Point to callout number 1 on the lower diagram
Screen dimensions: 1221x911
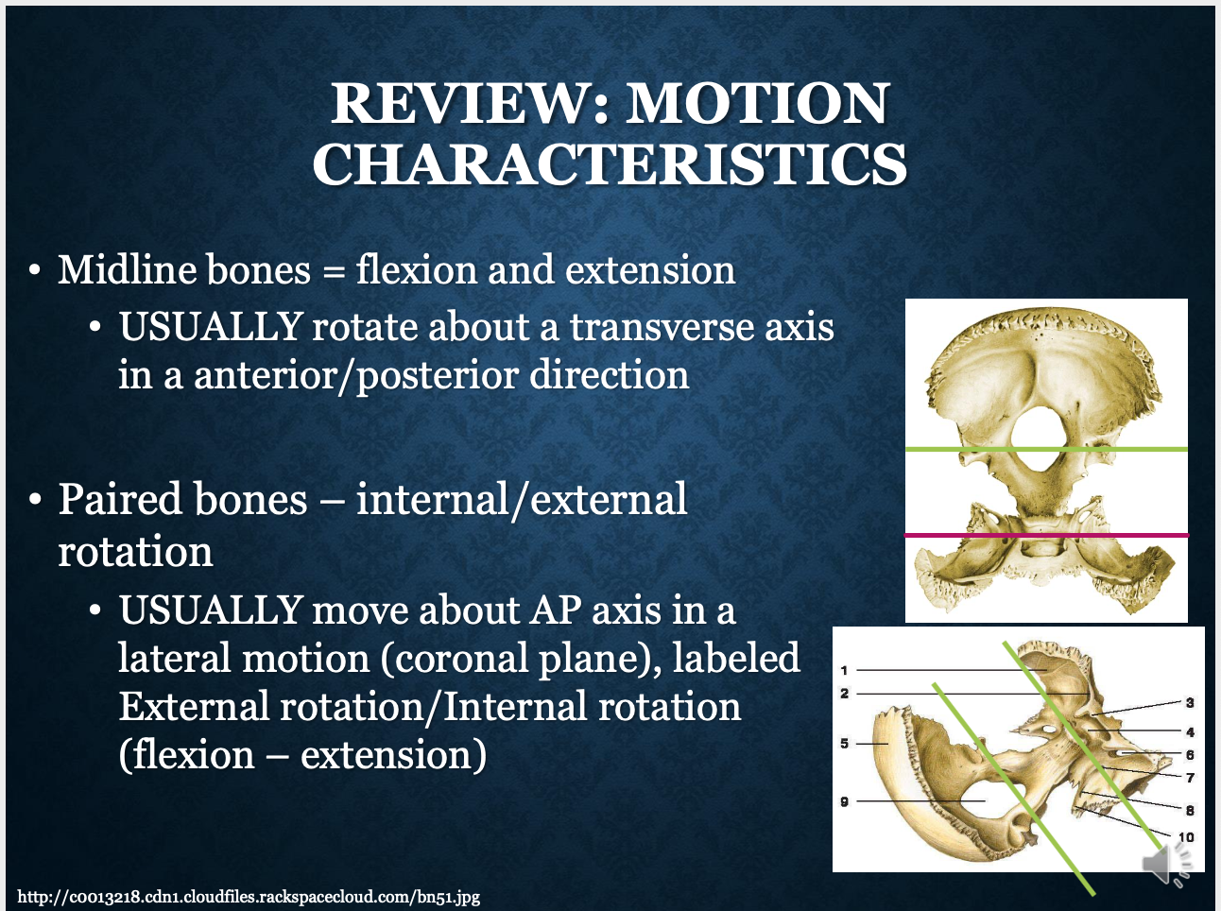point(844,670)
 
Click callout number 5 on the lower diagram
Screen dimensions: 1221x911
point(844,744)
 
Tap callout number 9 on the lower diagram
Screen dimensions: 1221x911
point(844,801)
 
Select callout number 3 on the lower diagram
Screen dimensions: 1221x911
point(1190,702)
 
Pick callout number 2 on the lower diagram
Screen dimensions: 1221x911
point(844,694)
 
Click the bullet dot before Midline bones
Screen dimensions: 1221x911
point(35,271)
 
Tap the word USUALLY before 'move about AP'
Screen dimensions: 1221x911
point(210,610)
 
